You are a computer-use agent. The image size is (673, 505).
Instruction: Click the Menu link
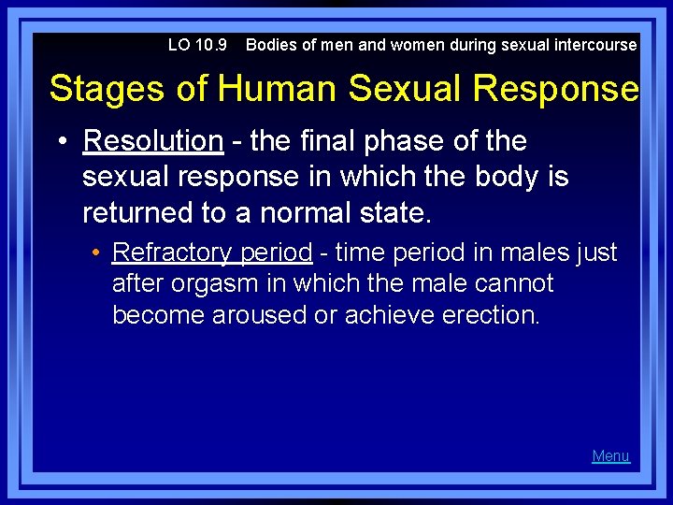point(610,456)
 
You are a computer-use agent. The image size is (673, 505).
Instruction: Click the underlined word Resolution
point(153,141)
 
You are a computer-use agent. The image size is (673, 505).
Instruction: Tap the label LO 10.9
point(197,45)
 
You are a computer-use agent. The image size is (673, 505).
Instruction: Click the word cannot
point(520,283)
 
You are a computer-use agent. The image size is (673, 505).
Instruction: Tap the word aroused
point(260,315)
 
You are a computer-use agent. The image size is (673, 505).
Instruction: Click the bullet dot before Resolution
point(62,142)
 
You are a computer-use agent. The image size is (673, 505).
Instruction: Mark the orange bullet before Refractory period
point(96,253)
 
